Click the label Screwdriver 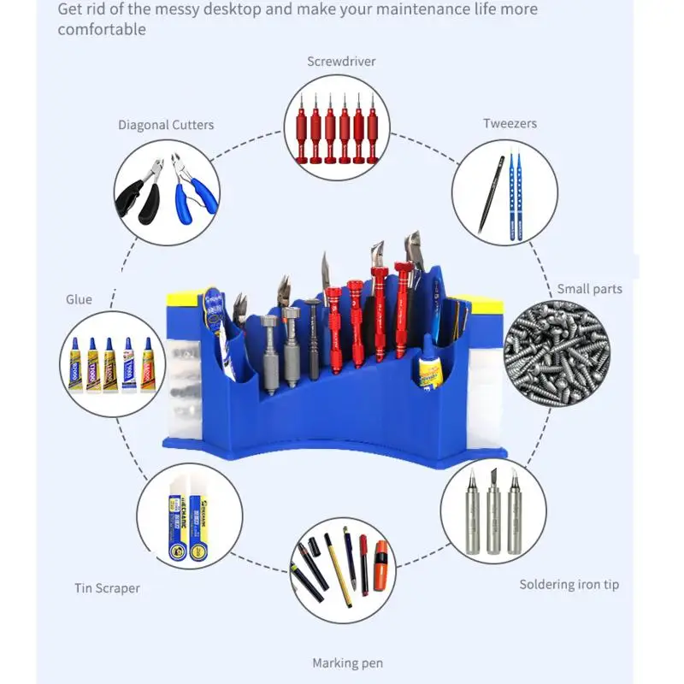341,62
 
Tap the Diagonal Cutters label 166,125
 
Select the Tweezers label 510,123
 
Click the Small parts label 589,289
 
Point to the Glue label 79,299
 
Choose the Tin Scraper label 106,588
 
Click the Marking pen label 347,663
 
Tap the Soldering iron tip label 569,585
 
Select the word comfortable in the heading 102,29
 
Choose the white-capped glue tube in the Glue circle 128,363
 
